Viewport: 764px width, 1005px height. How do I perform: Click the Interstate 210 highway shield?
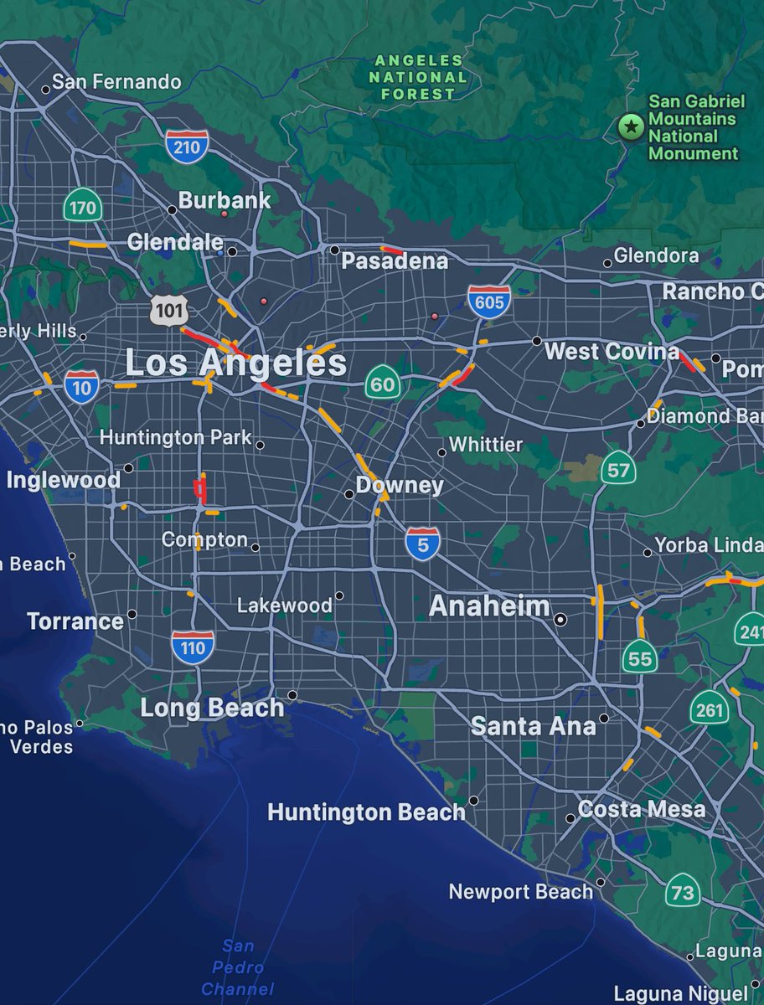(187, 147)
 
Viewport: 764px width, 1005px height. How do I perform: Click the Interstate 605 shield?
(489, 301)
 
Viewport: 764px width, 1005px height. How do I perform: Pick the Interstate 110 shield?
(193, 647)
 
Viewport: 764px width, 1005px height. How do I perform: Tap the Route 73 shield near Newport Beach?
(682, 891)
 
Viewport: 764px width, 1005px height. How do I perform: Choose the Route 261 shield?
(709, 709)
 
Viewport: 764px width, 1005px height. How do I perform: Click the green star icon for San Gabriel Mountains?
(629, 127)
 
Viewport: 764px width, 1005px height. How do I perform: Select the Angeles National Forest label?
(419, 77)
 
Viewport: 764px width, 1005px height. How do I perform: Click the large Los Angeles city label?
(235, 363)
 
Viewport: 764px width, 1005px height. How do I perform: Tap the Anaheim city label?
(489, 606)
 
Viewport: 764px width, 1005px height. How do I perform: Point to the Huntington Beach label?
(366, 812)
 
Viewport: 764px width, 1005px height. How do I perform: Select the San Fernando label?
(116, 81)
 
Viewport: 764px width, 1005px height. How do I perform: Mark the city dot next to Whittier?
(441, 452)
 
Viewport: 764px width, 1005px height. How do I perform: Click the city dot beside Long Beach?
(292, 695)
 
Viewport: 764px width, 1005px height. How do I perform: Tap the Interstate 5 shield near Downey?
(423, 544)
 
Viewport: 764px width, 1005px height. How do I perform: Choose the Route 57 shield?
(617, 470)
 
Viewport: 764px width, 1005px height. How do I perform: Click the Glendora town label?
(656, 255)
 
